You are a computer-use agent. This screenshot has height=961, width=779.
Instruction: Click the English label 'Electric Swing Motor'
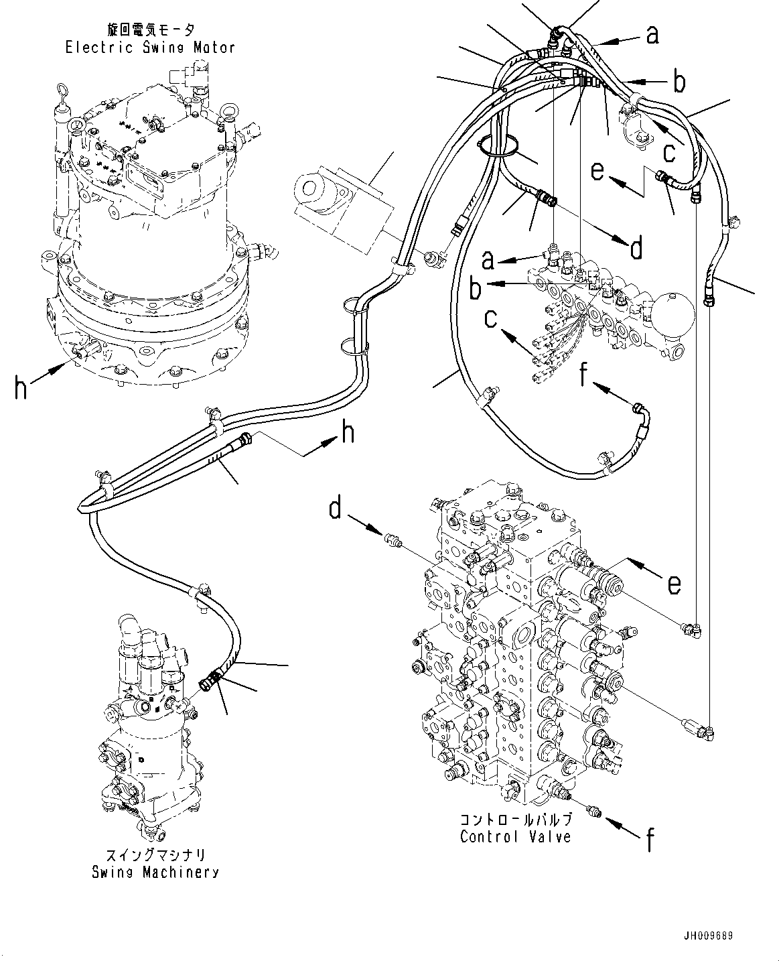pos(150,47)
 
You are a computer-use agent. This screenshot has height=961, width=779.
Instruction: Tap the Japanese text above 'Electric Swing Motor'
pos(150,29)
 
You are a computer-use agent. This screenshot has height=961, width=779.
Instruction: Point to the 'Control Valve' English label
pos(516,837)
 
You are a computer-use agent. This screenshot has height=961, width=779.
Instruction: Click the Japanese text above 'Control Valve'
pos(516,820)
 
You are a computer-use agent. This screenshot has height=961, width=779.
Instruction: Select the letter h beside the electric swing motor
pos(21,388)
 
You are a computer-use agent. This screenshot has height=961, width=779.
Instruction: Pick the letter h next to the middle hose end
pos(347,434)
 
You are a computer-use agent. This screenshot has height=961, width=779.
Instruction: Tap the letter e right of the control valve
pos(674,583)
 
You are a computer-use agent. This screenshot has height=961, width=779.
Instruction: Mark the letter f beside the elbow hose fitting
pos(584,377)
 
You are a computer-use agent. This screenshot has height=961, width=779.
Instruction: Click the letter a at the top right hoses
pos(652,34)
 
